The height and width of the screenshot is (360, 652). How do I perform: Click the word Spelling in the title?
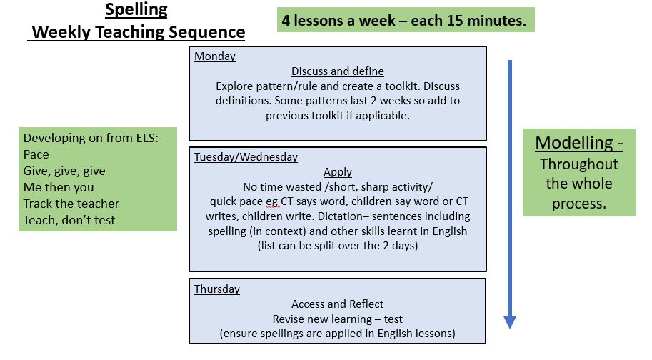136,10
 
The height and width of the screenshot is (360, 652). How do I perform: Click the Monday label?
214,56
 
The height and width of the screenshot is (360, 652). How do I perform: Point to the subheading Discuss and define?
338,71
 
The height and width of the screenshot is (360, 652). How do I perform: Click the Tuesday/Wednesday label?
246,156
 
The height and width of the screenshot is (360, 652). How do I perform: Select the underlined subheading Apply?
338,172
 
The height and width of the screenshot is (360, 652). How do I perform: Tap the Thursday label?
216,289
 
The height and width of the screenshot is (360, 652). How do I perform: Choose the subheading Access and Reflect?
337,304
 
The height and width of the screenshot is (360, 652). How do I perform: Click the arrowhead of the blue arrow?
510,322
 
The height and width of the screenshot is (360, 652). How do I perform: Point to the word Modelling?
574,143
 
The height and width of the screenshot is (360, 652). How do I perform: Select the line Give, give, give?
64,171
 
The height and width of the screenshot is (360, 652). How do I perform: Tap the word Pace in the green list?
36,154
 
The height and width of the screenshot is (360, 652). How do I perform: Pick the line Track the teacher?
71,204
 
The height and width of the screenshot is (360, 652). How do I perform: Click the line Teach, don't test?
69,220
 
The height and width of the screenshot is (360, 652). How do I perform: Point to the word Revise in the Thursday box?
286,319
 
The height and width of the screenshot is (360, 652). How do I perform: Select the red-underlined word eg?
271,202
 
